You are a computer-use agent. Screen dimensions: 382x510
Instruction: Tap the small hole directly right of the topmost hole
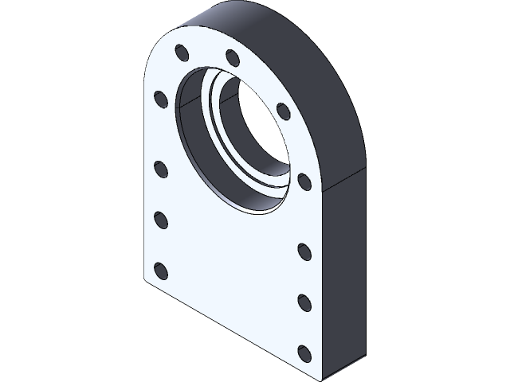click(233, 58)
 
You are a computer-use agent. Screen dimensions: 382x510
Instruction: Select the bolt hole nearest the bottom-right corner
click(304, 351)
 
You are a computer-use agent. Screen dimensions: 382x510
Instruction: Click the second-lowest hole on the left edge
click(160, 219)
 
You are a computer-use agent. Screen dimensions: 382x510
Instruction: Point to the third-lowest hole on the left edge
click(160, 169)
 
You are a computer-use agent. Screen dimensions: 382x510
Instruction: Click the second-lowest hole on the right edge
click(304, 302)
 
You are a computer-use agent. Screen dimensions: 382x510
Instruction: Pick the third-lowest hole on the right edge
click(304, 251)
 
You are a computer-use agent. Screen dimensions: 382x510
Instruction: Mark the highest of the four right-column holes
click(304, 181)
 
